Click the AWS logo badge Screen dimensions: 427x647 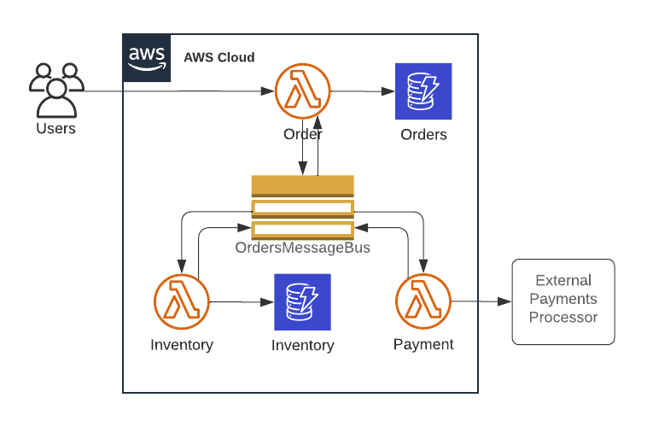pyautogui.click(x=146, y=57)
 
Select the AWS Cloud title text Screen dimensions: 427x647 pyautogui.click(x=219, y=57)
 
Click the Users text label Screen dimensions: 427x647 pyautogui.click(x=55, y=129)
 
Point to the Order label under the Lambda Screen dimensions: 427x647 pyautogui.click(x=303, y=134)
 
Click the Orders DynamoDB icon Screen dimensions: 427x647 pyautogui.click(x=423, y=91)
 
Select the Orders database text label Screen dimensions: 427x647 pyautogui.click(x=423, y=135)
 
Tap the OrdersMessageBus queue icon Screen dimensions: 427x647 pyautogui.click(x=302, y=207)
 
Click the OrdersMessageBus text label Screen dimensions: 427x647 pyautogui.click(x=302, y=248)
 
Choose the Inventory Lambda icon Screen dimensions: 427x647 pyautogui.click(x=181, y=302)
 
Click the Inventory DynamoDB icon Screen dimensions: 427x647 pyautogui.click(x=302, y=302)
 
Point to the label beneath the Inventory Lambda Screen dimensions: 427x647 pyautogui.click(x=181, y=346)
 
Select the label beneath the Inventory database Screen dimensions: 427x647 pyautogui.click(x=302, y=346)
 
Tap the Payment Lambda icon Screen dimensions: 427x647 pyautogui.click(x=423, y=302)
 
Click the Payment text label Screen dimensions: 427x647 pyautogui.click(x=423, y=345)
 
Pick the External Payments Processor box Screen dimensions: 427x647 pyautogui.click(x=562, y=301)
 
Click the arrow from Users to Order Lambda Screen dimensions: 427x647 pyautogui.click(x=171, y=91)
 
